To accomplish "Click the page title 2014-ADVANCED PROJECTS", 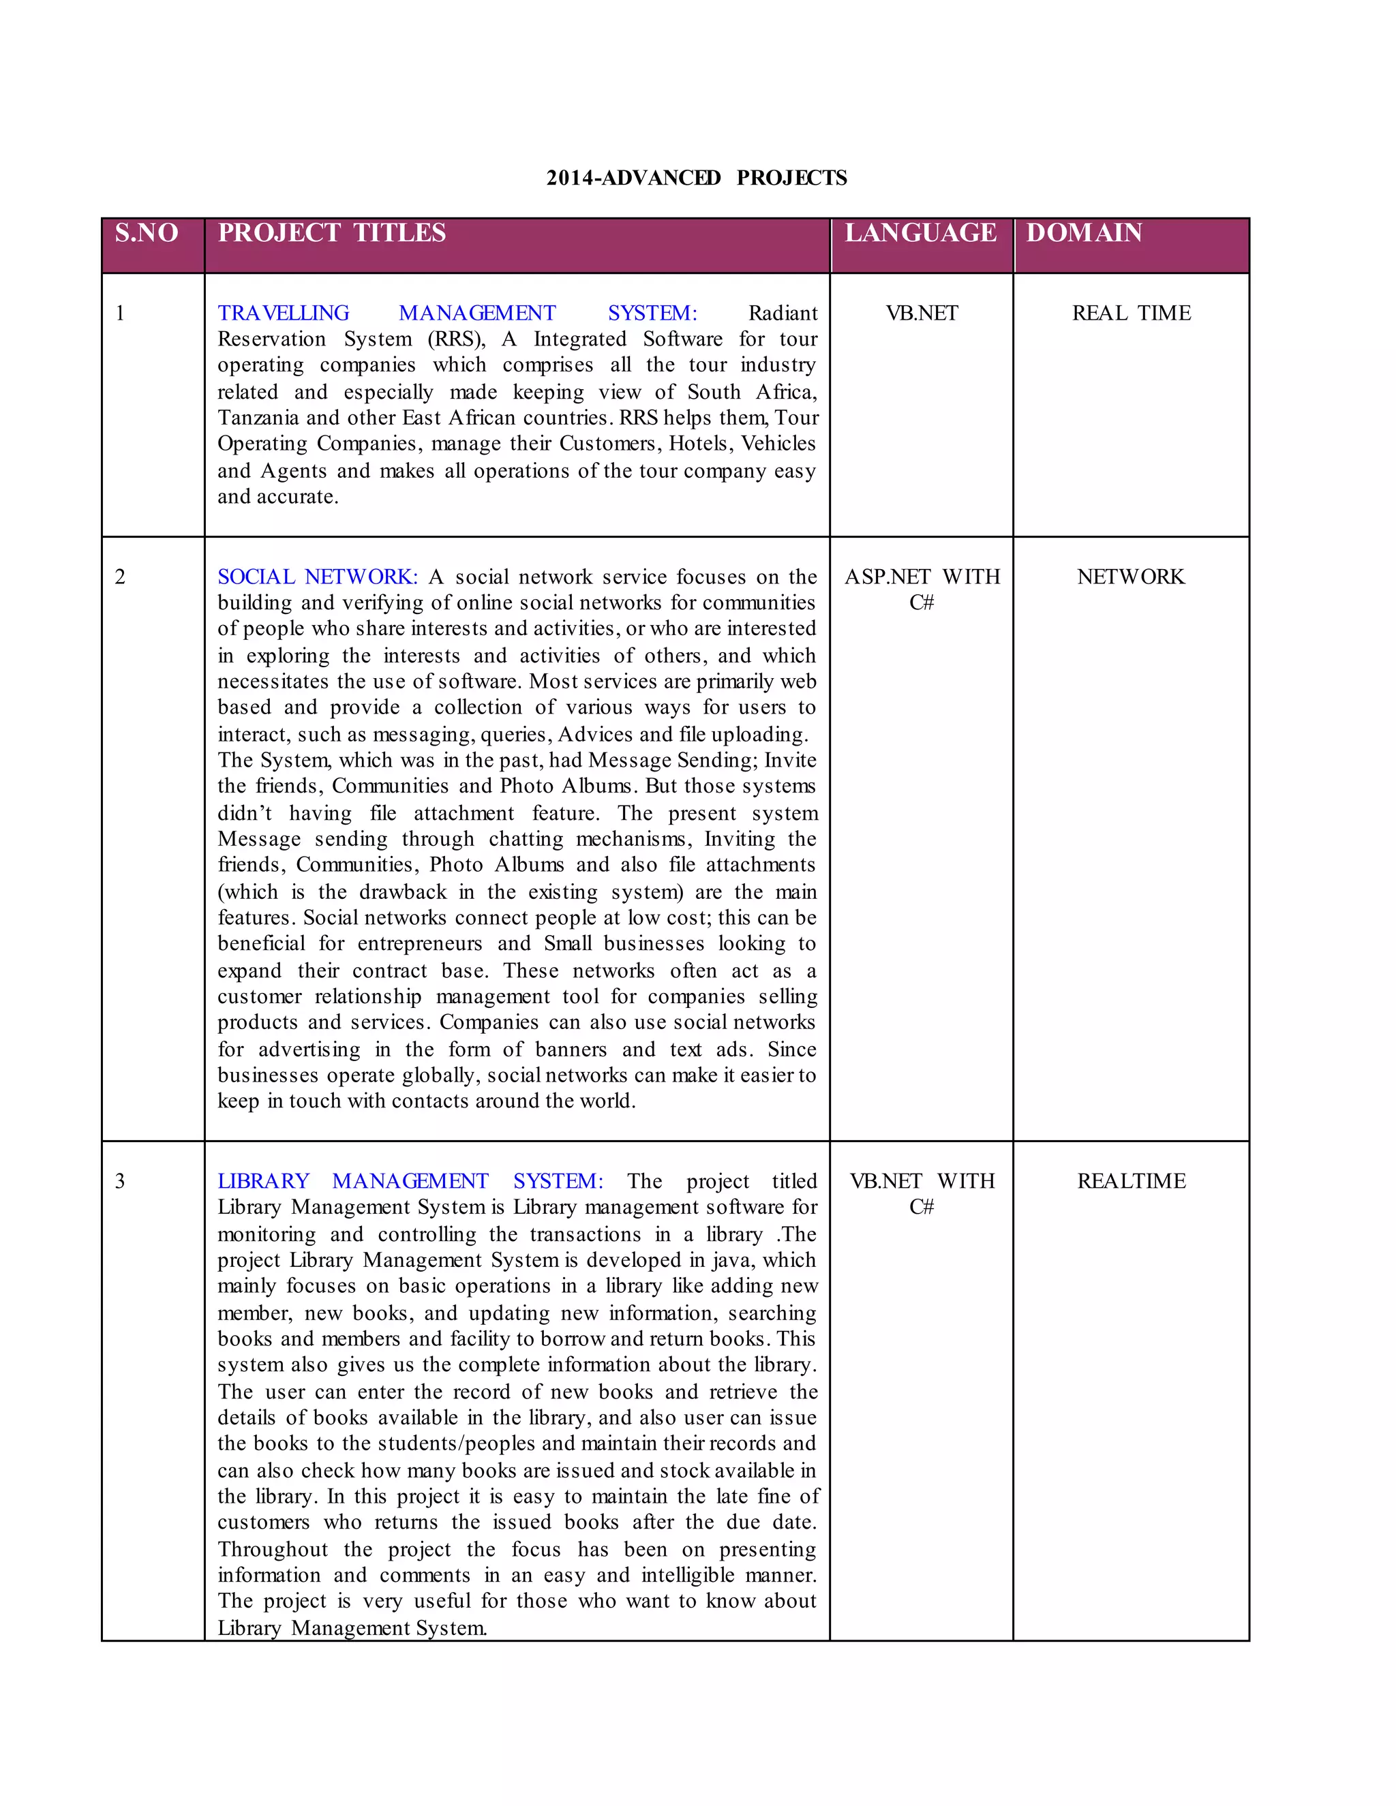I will click(x=697, y=178).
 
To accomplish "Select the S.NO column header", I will click(x=147, y=233).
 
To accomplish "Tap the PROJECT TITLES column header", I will click(x=332, y=233).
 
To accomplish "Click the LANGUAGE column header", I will click(x=920, y=233).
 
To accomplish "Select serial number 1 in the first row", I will click(x=120, y=313).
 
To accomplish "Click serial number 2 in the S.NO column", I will click(x=120, y=577).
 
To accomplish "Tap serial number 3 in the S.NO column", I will click(x=120, y=1181).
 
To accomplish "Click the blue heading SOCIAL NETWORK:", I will click(x=318, y=577).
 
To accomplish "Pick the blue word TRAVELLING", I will click(x=284, y=313).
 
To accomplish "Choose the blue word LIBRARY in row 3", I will click(x=264, y=1181).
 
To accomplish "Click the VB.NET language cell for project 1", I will click(x=922, y=313).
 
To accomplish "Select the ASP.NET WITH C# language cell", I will click(x=922, y=589).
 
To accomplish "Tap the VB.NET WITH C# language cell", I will click(x=922, y=1193).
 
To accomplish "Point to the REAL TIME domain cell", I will click(x=1132, y=313).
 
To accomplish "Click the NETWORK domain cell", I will click(x=1131, y=577).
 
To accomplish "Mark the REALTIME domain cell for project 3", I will click(x=1132, y=1181).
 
